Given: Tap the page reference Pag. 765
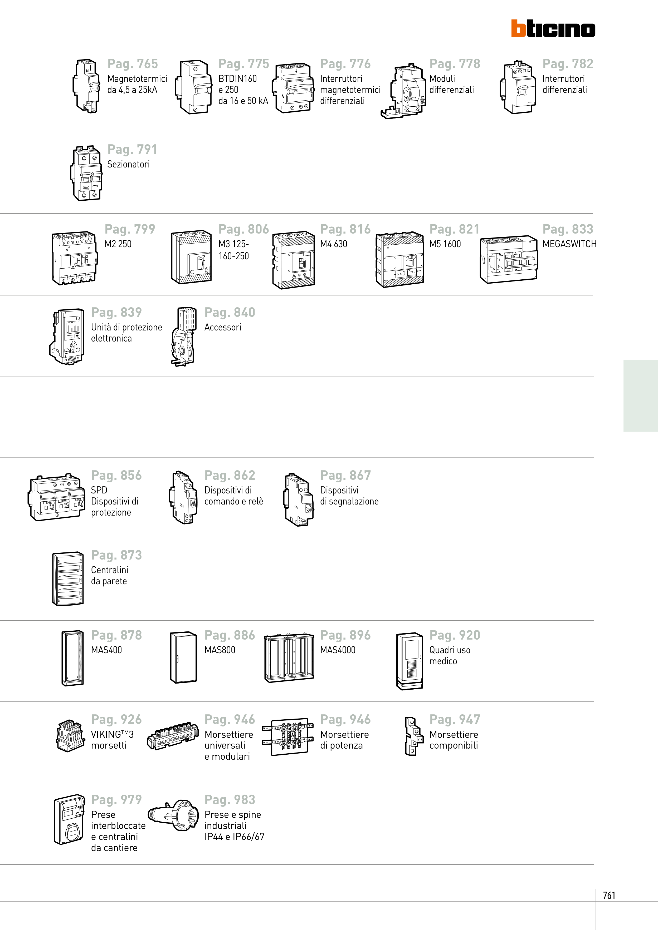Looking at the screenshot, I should tap(133, 64).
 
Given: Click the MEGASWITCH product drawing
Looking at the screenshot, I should tap(508, 259).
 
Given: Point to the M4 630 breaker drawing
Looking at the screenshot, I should tap(294, 260).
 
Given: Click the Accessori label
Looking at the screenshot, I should tap(223, 327).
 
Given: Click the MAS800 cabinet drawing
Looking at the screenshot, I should tap(183, 657).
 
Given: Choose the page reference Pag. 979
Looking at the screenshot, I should tap(116, 800).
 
